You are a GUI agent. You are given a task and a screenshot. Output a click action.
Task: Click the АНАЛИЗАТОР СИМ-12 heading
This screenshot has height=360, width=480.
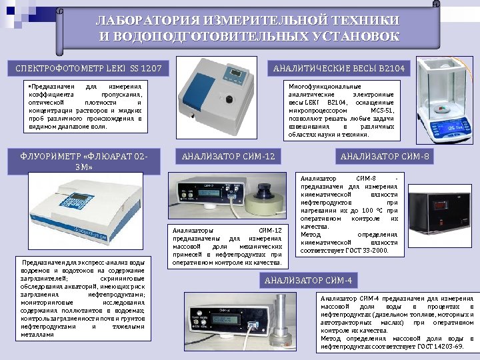(228, 157)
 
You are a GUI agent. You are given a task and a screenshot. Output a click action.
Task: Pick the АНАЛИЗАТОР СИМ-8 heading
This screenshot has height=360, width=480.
(385, 157)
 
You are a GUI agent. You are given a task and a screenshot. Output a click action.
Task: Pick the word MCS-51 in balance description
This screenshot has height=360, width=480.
(381, 111)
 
